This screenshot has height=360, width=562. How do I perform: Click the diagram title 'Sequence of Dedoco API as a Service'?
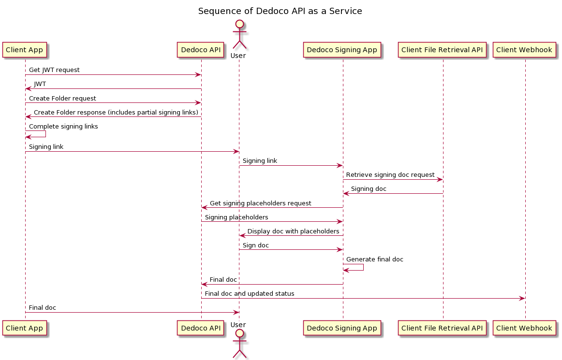280,11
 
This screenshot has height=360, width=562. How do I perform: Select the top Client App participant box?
25,50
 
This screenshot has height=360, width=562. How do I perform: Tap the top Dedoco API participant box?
201,50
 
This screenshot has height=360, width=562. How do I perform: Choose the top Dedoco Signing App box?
342,50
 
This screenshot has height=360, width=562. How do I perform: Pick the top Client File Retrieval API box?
442,50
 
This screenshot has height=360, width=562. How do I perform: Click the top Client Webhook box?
524,50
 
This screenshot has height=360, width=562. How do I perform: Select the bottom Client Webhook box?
524,328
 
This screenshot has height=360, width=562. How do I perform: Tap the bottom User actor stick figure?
239,344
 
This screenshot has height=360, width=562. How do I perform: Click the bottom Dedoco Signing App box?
342,328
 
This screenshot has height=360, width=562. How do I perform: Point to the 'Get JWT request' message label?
54,70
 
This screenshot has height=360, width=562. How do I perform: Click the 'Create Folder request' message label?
62,99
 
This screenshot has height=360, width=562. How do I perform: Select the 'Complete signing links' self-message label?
63,127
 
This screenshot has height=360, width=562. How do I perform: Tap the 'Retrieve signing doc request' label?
390,175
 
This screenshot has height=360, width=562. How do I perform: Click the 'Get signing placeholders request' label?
260,203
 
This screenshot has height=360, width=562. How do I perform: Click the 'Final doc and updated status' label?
250,294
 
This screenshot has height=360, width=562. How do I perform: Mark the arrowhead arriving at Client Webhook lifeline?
522,299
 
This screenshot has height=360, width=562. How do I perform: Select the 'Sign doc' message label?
256,245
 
